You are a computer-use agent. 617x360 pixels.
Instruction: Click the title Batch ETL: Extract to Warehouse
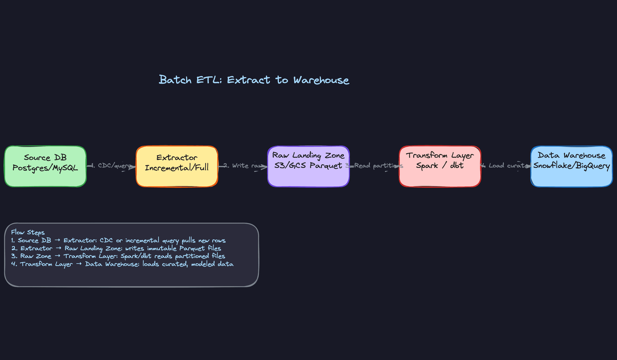click(254, 80)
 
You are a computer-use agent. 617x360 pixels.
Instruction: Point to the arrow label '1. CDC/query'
click(111, 166)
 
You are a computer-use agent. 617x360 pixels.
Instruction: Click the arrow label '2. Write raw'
click(243, 166)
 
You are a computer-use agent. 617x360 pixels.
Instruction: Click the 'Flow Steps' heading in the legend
click(28, 232)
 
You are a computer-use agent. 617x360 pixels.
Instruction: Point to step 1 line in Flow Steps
click(118, 240)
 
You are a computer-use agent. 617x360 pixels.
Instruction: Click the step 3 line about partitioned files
click(118, 256)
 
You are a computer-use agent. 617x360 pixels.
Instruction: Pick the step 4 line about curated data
click(122, 264)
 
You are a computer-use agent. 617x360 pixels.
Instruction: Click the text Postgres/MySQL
click(45, 168)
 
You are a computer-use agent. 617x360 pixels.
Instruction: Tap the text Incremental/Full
click(177, 168)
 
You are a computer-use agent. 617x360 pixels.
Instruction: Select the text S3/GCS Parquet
click(308, 166)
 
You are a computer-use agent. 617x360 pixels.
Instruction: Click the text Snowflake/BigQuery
click(571, 166)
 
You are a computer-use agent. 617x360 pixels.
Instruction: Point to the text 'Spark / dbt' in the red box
click(440, 166)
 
